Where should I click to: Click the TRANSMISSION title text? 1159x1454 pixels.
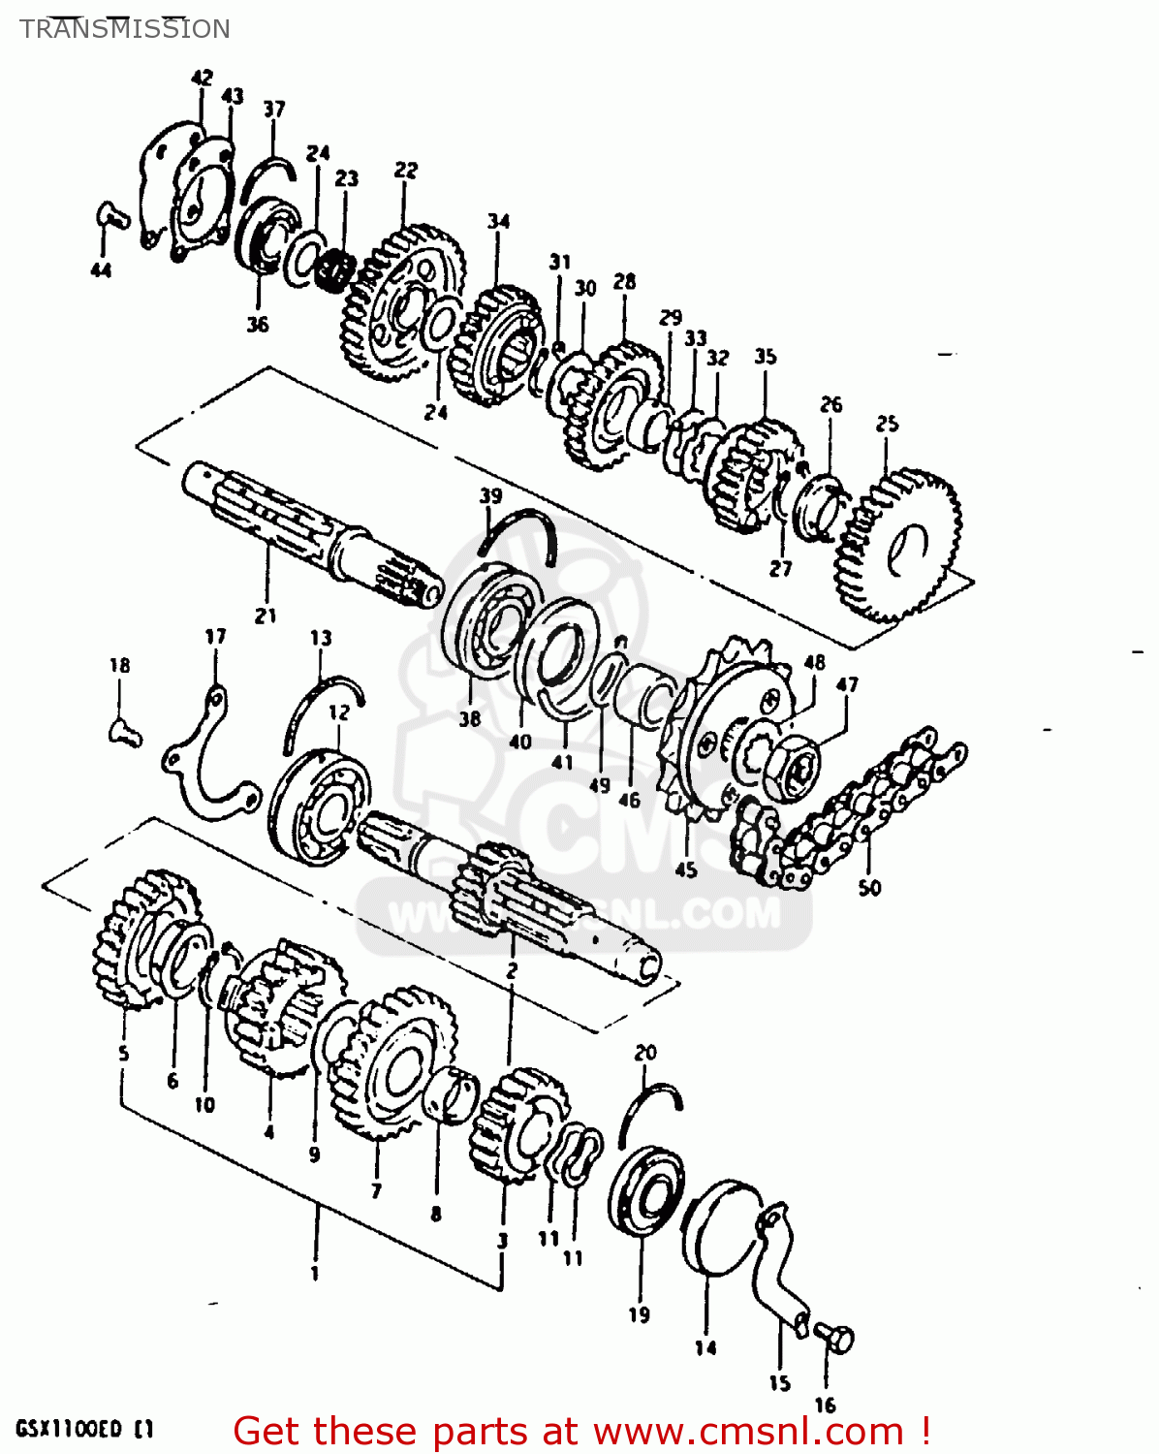pos(125,29)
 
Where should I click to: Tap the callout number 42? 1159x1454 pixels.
pos(202,78)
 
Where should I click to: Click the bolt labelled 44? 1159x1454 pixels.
pos(112,215)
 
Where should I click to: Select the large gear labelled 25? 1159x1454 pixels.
pos(899,545)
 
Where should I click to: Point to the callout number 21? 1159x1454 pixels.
pos(266,615)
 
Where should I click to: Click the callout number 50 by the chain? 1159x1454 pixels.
pos(869,887)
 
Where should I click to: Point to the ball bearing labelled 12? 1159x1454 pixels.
pos(321,804)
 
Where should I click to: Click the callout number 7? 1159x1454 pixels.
pos(375,1190)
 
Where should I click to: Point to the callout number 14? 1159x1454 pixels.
pos(705,1347)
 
